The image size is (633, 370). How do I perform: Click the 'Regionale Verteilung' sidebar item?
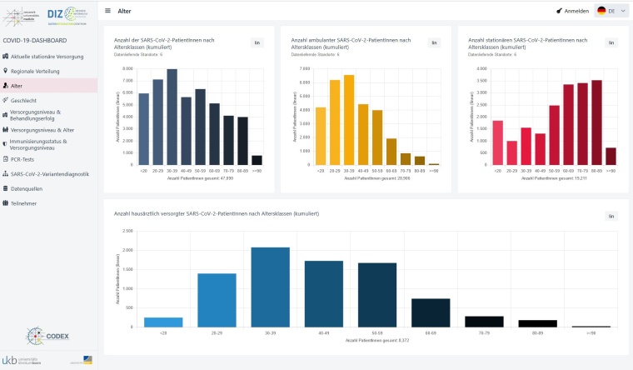click(x=36, y=71)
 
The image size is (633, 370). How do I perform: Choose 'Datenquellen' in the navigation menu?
click(x=27, y=188)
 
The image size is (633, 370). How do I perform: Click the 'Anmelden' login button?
click(x=572, y=11)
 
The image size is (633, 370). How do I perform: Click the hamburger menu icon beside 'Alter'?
click(x=108, y=11)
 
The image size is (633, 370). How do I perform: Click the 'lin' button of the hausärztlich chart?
click(x=611, y=216)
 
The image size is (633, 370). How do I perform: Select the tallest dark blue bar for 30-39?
click(x=172, y=117)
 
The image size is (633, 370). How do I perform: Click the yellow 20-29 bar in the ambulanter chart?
click(x=335, y=122)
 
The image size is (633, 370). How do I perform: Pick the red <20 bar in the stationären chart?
click(x=497, y=142)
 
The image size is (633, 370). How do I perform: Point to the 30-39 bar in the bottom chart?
click(x=271, y=287)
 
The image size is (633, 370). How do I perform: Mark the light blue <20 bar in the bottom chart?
click(x=163, y=322)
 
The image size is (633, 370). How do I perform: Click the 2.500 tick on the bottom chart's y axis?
click(x=127, y=231)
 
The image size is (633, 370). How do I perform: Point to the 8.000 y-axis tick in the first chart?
click(x=127, y=69)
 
